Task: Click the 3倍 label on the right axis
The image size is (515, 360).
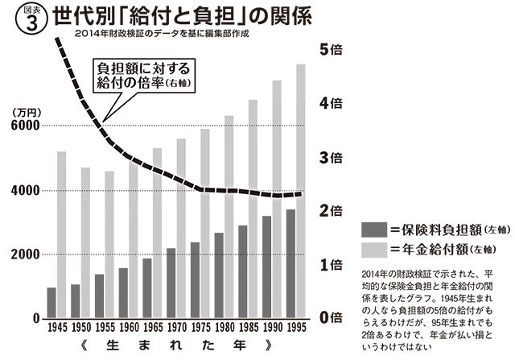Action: (332, 158)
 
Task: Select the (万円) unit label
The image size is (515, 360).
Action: (26, 112)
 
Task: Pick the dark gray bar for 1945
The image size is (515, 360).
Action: (51, 303)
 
